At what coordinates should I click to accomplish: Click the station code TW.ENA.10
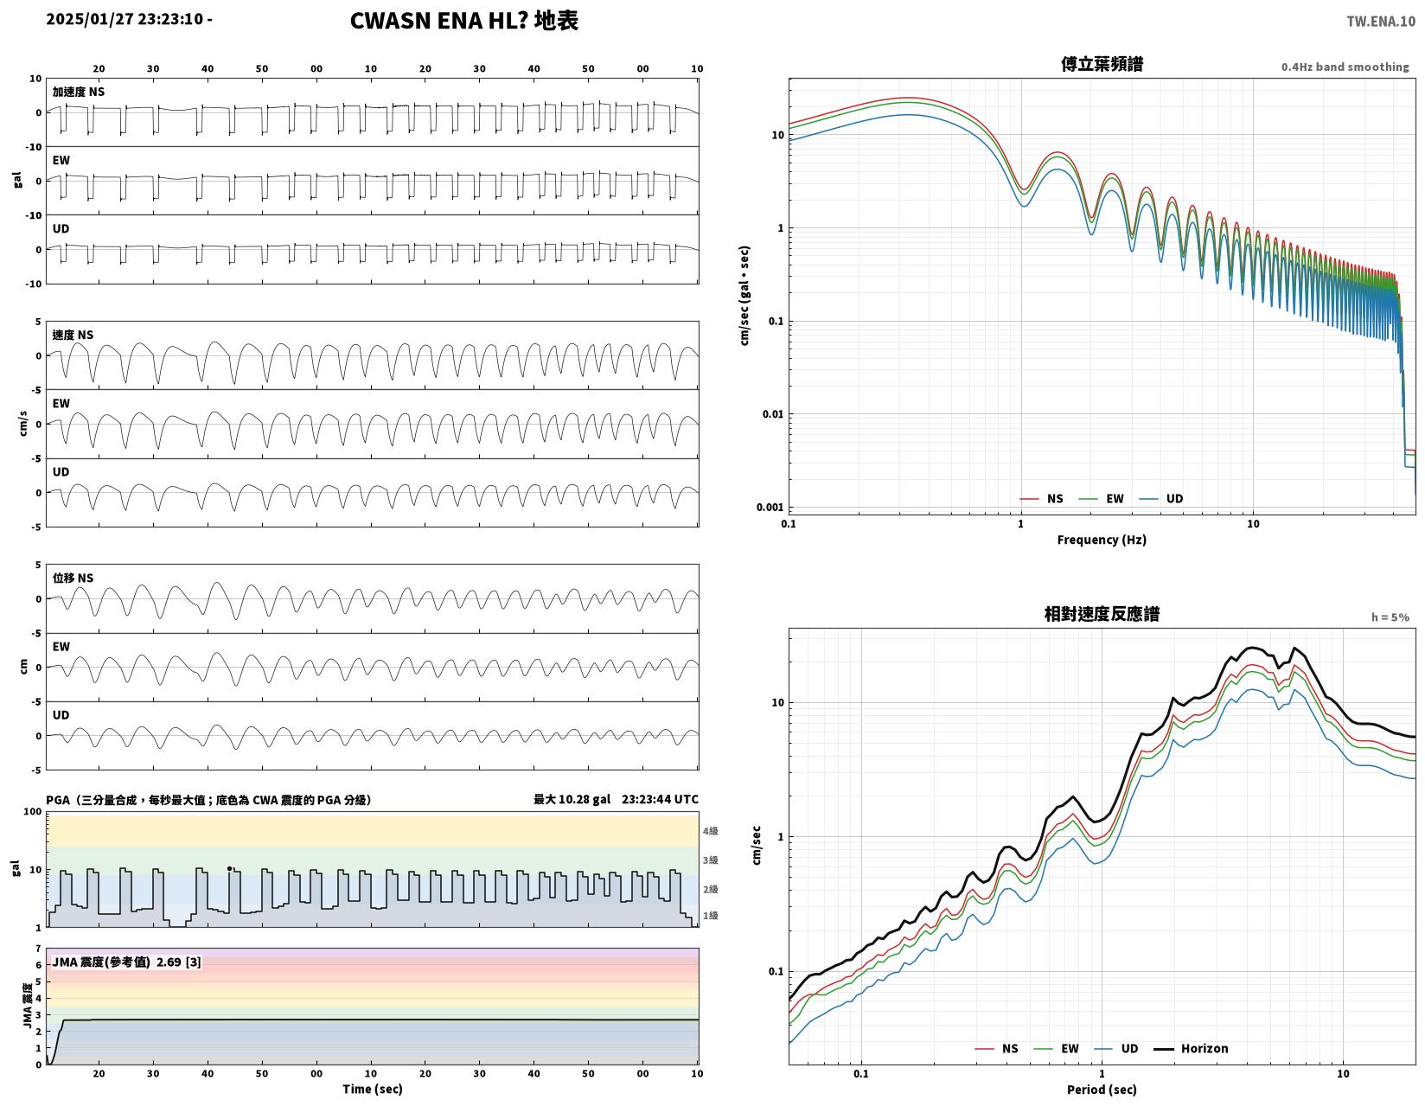point(1380,22)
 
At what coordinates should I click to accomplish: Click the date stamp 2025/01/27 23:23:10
point(124,19)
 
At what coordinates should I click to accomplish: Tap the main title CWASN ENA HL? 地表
point(463,21)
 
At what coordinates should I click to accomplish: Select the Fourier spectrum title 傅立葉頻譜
point(1102,64)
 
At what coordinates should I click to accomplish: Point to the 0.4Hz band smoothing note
point(1345,67)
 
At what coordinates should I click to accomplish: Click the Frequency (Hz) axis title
point(1102,540)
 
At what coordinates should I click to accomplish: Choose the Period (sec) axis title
point(1102,1089)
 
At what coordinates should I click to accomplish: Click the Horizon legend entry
point(1191,1048)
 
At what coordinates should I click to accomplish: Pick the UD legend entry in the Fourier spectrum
point(1161,498)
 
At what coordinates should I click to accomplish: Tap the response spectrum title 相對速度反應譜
point(1102,614)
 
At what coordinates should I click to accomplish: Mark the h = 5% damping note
point(1390,617)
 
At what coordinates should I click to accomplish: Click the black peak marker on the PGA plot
point(229,869)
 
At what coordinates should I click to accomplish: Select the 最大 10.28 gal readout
point(572,799)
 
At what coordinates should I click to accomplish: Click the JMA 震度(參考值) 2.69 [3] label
point(126,962)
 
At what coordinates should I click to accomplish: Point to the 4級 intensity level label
point(710,831)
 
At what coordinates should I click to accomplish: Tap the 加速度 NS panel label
point(79,92)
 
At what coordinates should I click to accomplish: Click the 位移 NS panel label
point(73,578)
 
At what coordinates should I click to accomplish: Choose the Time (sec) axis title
point(373,1089)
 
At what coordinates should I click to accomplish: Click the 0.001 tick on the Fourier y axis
point(770,507)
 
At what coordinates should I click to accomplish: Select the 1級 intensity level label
point(710,915)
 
